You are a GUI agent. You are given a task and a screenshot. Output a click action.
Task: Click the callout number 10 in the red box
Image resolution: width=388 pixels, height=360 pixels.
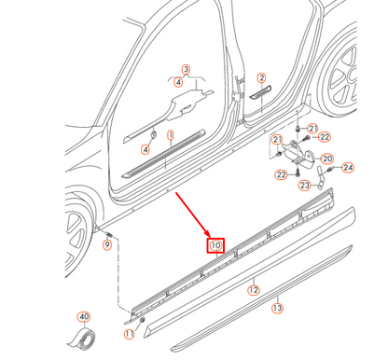click(x=215, y=246)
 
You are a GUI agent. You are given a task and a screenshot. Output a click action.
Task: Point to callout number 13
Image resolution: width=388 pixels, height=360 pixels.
click(x=277, y=308)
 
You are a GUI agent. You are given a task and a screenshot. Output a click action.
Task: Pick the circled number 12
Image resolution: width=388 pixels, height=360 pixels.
click(x=253, y=290)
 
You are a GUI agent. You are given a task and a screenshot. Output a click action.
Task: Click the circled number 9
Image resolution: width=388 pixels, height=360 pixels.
click(x=106, y=244)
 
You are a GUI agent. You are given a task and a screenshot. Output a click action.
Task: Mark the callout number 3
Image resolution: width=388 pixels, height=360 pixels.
click(x=186, y=69)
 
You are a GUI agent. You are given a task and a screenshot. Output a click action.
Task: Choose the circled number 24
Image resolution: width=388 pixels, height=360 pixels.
click(x=348, y=168)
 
